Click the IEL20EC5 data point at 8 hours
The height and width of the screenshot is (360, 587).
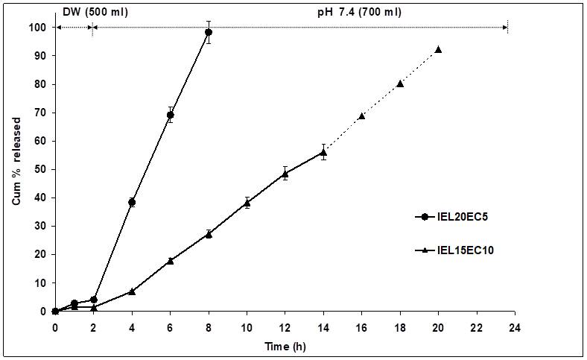pos(209,32)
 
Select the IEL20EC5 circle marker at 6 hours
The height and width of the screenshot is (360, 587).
pos(170,115)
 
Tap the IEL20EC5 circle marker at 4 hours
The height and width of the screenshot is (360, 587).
pos(132,202)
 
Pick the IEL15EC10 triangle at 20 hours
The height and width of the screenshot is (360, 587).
pos(438,49)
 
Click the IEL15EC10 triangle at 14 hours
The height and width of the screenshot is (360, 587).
pos(323,152)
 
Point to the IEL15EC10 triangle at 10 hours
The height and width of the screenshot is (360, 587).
pos(247,203)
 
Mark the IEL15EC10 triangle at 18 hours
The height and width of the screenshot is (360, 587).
pos(400,83)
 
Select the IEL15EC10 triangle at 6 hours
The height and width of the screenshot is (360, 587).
pos(170,260)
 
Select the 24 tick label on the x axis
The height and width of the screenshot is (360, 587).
pos(514,326)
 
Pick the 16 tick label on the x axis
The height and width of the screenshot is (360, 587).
pos(361,326)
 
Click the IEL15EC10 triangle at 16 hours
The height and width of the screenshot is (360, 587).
pos(362,116)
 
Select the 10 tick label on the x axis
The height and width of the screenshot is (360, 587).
pos(247,326)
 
